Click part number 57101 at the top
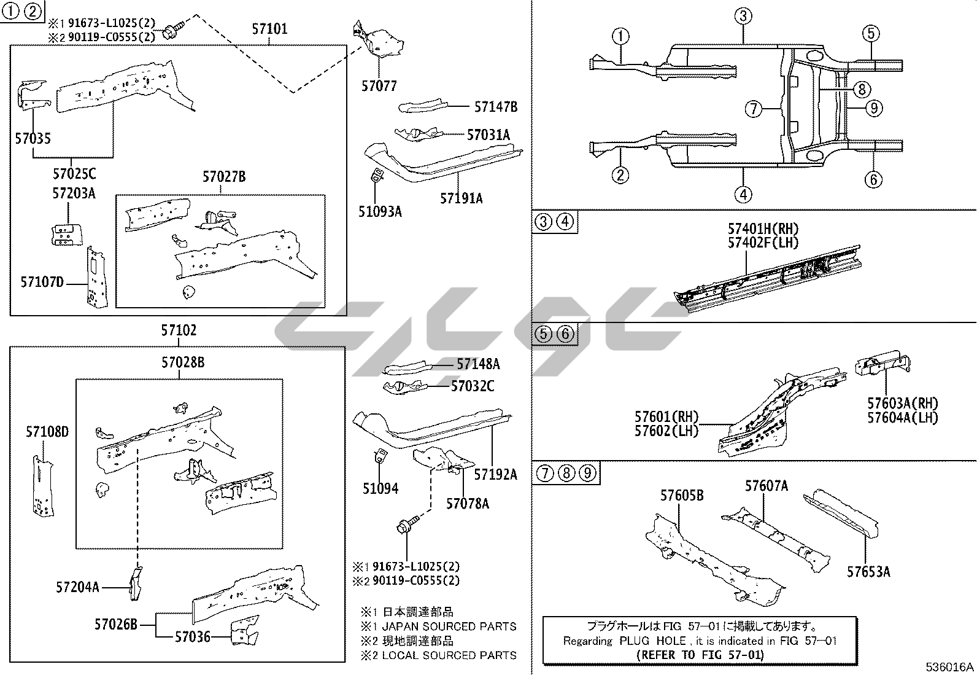(269, 29)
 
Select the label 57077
(379, 87)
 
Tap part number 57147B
(495, 107)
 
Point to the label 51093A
(380, 212)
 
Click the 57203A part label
(74, 193)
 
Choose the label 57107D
(42, 283)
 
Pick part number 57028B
(183, 362)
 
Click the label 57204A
(77, 588)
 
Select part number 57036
(192, 637)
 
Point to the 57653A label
(868, 572)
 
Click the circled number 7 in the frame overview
(754, 109)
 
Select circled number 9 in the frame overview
(874, 109)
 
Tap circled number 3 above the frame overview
(743, 16)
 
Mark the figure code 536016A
(950, 667)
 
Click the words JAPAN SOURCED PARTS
(449, 626)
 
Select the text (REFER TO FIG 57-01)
(700, 655)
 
